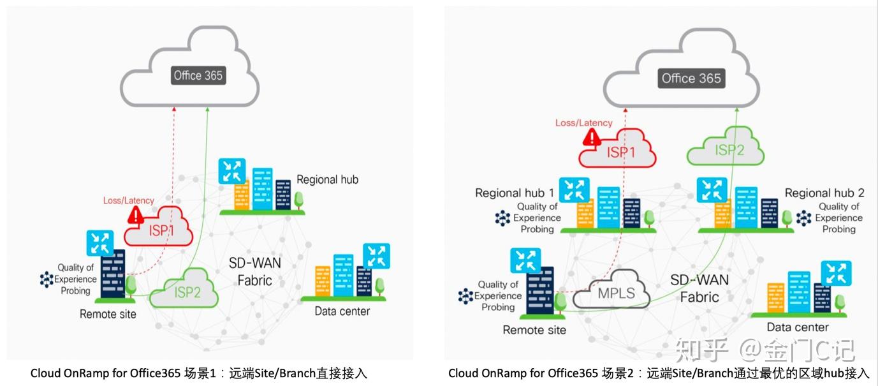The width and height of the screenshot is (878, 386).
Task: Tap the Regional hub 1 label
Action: click(x=515, y=193)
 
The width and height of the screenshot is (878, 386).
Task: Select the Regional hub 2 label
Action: click(x=824, y=193)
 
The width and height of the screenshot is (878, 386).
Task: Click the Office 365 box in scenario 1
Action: click(x=198, y=75)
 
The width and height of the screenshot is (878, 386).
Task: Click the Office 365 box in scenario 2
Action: click(x=691, y=78)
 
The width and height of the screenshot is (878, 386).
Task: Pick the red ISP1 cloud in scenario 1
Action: click(x=160, y=230)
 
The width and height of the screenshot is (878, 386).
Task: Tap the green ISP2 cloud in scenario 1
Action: click(x=186, y=292)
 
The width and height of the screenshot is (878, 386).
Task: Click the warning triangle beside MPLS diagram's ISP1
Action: click(x=592, y=138)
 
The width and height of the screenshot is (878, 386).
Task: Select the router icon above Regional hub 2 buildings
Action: click(x=712, y=190)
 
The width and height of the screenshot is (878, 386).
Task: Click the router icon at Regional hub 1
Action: click(x=574, y=190)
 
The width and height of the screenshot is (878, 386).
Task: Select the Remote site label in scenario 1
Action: click(x=108, y=314)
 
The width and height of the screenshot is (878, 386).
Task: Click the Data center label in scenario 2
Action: click(x=797, y=327)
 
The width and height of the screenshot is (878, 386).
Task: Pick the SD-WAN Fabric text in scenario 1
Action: click(x=255, y=272)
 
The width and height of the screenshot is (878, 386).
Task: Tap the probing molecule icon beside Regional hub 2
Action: click(x=804, y=218)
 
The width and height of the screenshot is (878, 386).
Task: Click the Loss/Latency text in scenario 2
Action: click(x=583, y=122)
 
